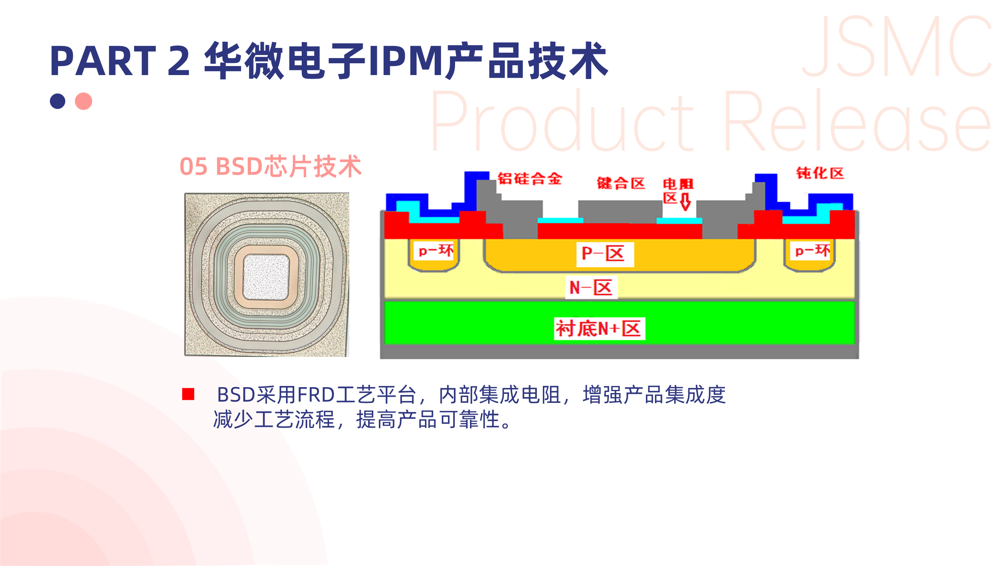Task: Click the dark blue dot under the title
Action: pos(57,101)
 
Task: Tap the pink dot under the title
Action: pos(83,101)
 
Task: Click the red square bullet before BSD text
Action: pos(188,394)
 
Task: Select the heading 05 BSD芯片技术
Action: pos(270,166)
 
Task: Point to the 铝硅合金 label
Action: pos(529,179)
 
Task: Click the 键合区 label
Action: pos(621,183)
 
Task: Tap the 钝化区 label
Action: pos(820,173)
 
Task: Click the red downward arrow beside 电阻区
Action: pos(685,201)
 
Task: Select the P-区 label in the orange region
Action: pos(604,254)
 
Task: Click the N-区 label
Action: pos(591,288)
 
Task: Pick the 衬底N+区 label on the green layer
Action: pos(599,328)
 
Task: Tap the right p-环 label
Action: pos(812,251)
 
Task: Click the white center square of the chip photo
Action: pos(266,277)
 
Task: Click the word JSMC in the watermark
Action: pos(897,47)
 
